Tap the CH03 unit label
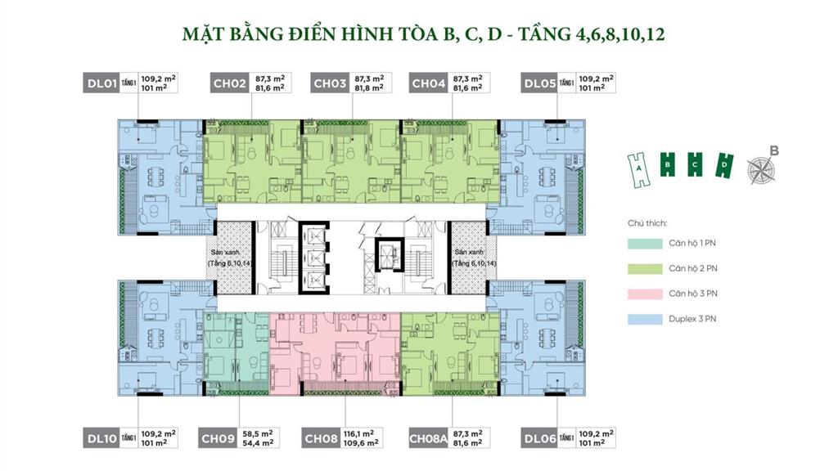pos(329,83)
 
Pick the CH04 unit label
pos(428,83)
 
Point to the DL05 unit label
pos(540,83)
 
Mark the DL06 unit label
pos(540,438)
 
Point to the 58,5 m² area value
pos(256,433)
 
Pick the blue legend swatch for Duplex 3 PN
pos(646,319)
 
